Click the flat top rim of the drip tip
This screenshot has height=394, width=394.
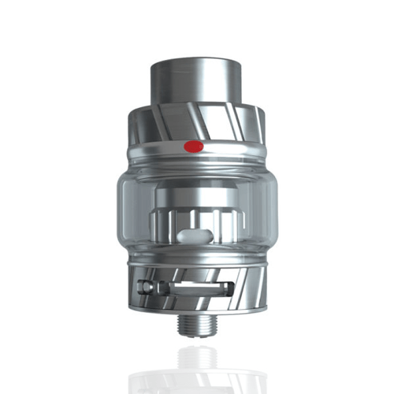(x=195, y=60)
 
